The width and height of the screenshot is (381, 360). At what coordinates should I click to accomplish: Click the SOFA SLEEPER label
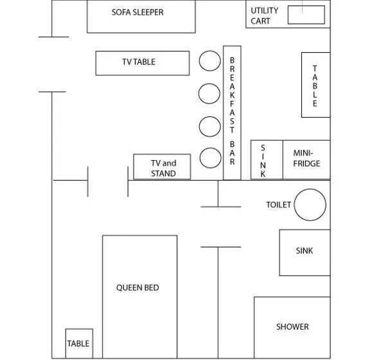tap(137, 12)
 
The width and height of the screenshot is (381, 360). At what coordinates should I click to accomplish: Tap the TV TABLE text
tap(139, 62)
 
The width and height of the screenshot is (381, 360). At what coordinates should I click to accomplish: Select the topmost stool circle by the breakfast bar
tap(210, 61)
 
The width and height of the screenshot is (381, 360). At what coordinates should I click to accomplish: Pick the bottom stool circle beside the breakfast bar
tap(211, 157)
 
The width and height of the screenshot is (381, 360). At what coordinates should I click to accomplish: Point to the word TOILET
tap(278, 204)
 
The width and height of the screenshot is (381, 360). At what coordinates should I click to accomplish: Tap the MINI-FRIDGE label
tap(306, 158)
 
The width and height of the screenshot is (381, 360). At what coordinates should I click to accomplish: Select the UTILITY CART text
tap(264, 15)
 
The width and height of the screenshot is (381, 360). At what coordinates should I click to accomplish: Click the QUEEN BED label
tap(137, 287)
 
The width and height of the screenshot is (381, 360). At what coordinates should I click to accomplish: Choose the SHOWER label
tap(292, 327)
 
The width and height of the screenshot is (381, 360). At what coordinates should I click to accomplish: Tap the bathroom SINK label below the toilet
tap(304, 251)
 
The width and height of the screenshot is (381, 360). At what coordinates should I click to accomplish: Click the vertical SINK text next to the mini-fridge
tap(263, 161)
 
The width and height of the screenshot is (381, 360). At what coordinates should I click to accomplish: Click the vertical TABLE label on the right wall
tap(315, 86)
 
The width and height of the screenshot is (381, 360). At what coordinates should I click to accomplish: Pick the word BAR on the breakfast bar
tap(232, 153)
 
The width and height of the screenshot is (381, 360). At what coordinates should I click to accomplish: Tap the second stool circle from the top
tap(209, 94)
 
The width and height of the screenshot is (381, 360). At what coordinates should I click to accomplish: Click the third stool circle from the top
tap(210, 127)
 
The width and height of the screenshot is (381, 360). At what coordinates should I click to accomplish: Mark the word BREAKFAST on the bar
tap(232, 95)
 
